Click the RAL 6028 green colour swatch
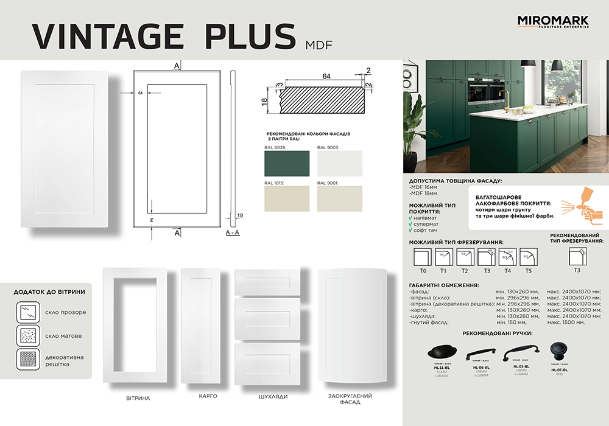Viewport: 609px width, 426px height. pyautogui.click(x=286, y=163)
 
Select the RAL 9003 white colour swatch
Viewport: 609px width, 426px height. pyautogui.click(x=339, y=163)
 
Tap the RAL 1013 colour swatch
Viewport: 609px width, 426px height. pyautogui.click(x=286, y=198)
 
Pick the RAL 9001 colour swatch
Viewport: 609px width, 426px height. pyautogui.click(x=339, y=198)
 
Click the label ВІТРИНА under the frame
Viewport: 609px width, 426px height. pyautogui.click(x=138, y=398)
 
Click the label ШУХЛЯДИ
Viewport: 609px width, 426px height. pyautogui.click(x=267, y=397)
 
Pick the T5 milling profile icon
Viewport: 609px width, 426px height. pyautogui.click(x=529, y=257)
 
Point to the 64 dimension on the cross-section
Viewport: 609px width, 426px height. pyautogui.click(x=326, y=76)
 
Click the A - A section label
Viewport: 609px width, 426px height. pyautogui.click(x=233, y=233)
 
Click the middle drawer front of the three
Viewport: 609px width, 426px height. pyautogui.click(x=267, y=318)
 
